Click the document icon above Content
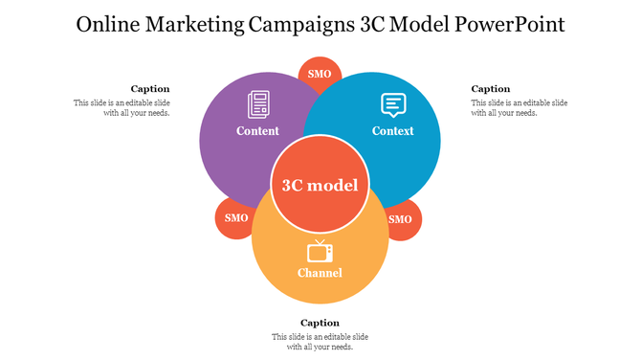pos(258,103)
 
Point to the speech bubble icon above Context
pos(393,103)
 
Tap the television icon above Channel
pos(320,252)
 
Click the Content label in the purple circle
pos(258,131)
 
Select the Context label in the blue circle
pos(393,131)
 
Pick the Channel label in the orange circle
pos(320,274)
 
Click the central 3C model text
pos(320,186)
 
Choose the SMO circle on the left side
pos(236,218)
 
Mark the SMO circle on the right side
pos(401,219)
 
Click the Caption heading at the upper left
pos(150,89)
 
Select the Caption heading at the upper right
pos(491,89)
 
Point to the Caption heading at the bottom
pos(320,323)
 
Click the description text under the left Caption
pos(122,107)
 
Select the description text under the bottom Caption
pos(320,342)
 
